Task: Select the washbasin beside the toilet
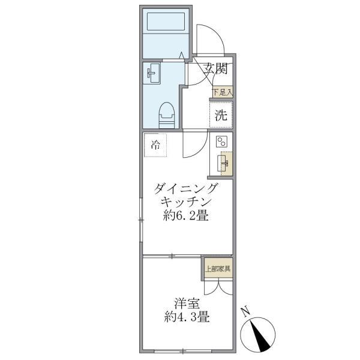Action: click(x=152, y=75)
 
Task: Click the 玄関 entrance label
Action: click(x=214, y=68)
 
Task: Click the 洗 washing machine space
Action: click(x=221, y=116)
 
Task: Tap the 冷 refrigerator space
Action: click(x=155, y=145)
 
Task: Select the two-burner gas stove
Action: click(x=221, y=142)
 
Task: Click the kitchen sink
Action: click(x=226, y=162)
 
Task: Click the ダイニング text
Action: click(x=187, y=188)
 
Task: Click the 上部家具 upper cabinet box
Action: click(x=217, y=268)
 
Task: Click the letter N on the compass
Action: click(x=244, y=311)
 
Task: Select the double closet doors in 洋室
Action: click(x=217, y=287)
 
